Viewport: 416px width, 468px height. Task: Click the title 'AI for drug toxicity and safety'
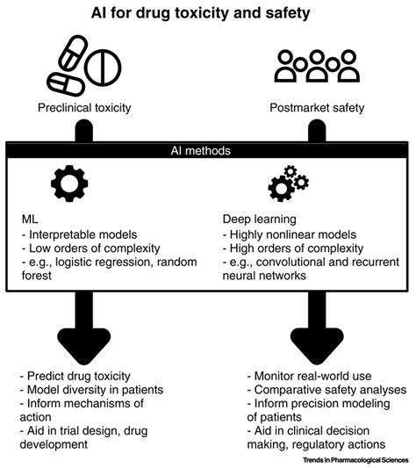coord(208,15)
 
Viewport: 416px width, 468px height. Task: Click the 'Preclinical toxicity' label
coord(85,109)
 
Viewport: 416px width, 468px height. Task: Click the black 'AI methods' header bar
coord(208,151)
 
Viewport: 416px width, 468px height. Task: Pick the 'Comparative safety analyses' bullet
coord(315,389)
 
